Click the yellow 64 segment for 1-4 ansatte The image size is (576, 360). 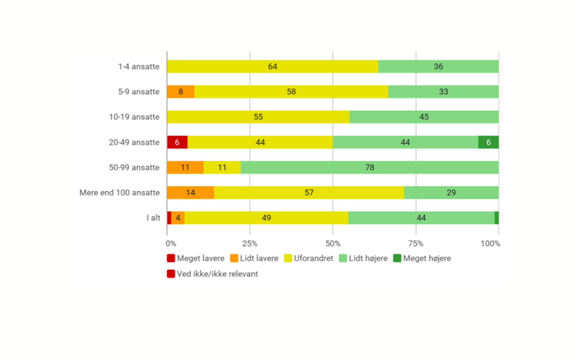273,67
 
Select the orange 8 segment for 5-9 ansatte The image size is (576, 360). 181,92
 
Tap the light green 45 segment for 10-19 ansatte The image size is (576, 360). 424,117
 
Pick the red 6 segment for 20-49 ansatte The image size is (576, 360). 177,142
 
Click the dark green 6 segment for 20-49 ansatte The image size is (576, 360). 488,142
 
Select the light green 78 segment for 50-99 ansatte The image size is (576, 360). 369,167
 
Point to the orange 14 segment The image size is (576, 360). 190,193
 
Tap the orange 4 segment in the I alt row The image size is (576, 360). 178,218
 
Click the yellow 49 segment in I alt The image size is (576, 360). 266,218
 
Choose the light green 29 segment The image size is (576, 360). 451,193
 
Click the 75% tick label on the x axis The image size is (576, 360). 415,244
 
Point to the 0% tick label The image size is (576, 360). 171,244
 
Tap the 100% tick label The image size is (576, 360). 490,244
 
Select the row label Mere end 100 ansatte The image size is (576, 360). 120,193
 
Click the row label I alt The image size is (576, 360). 153,218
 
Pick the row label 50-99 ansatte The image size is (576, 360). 134,167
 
